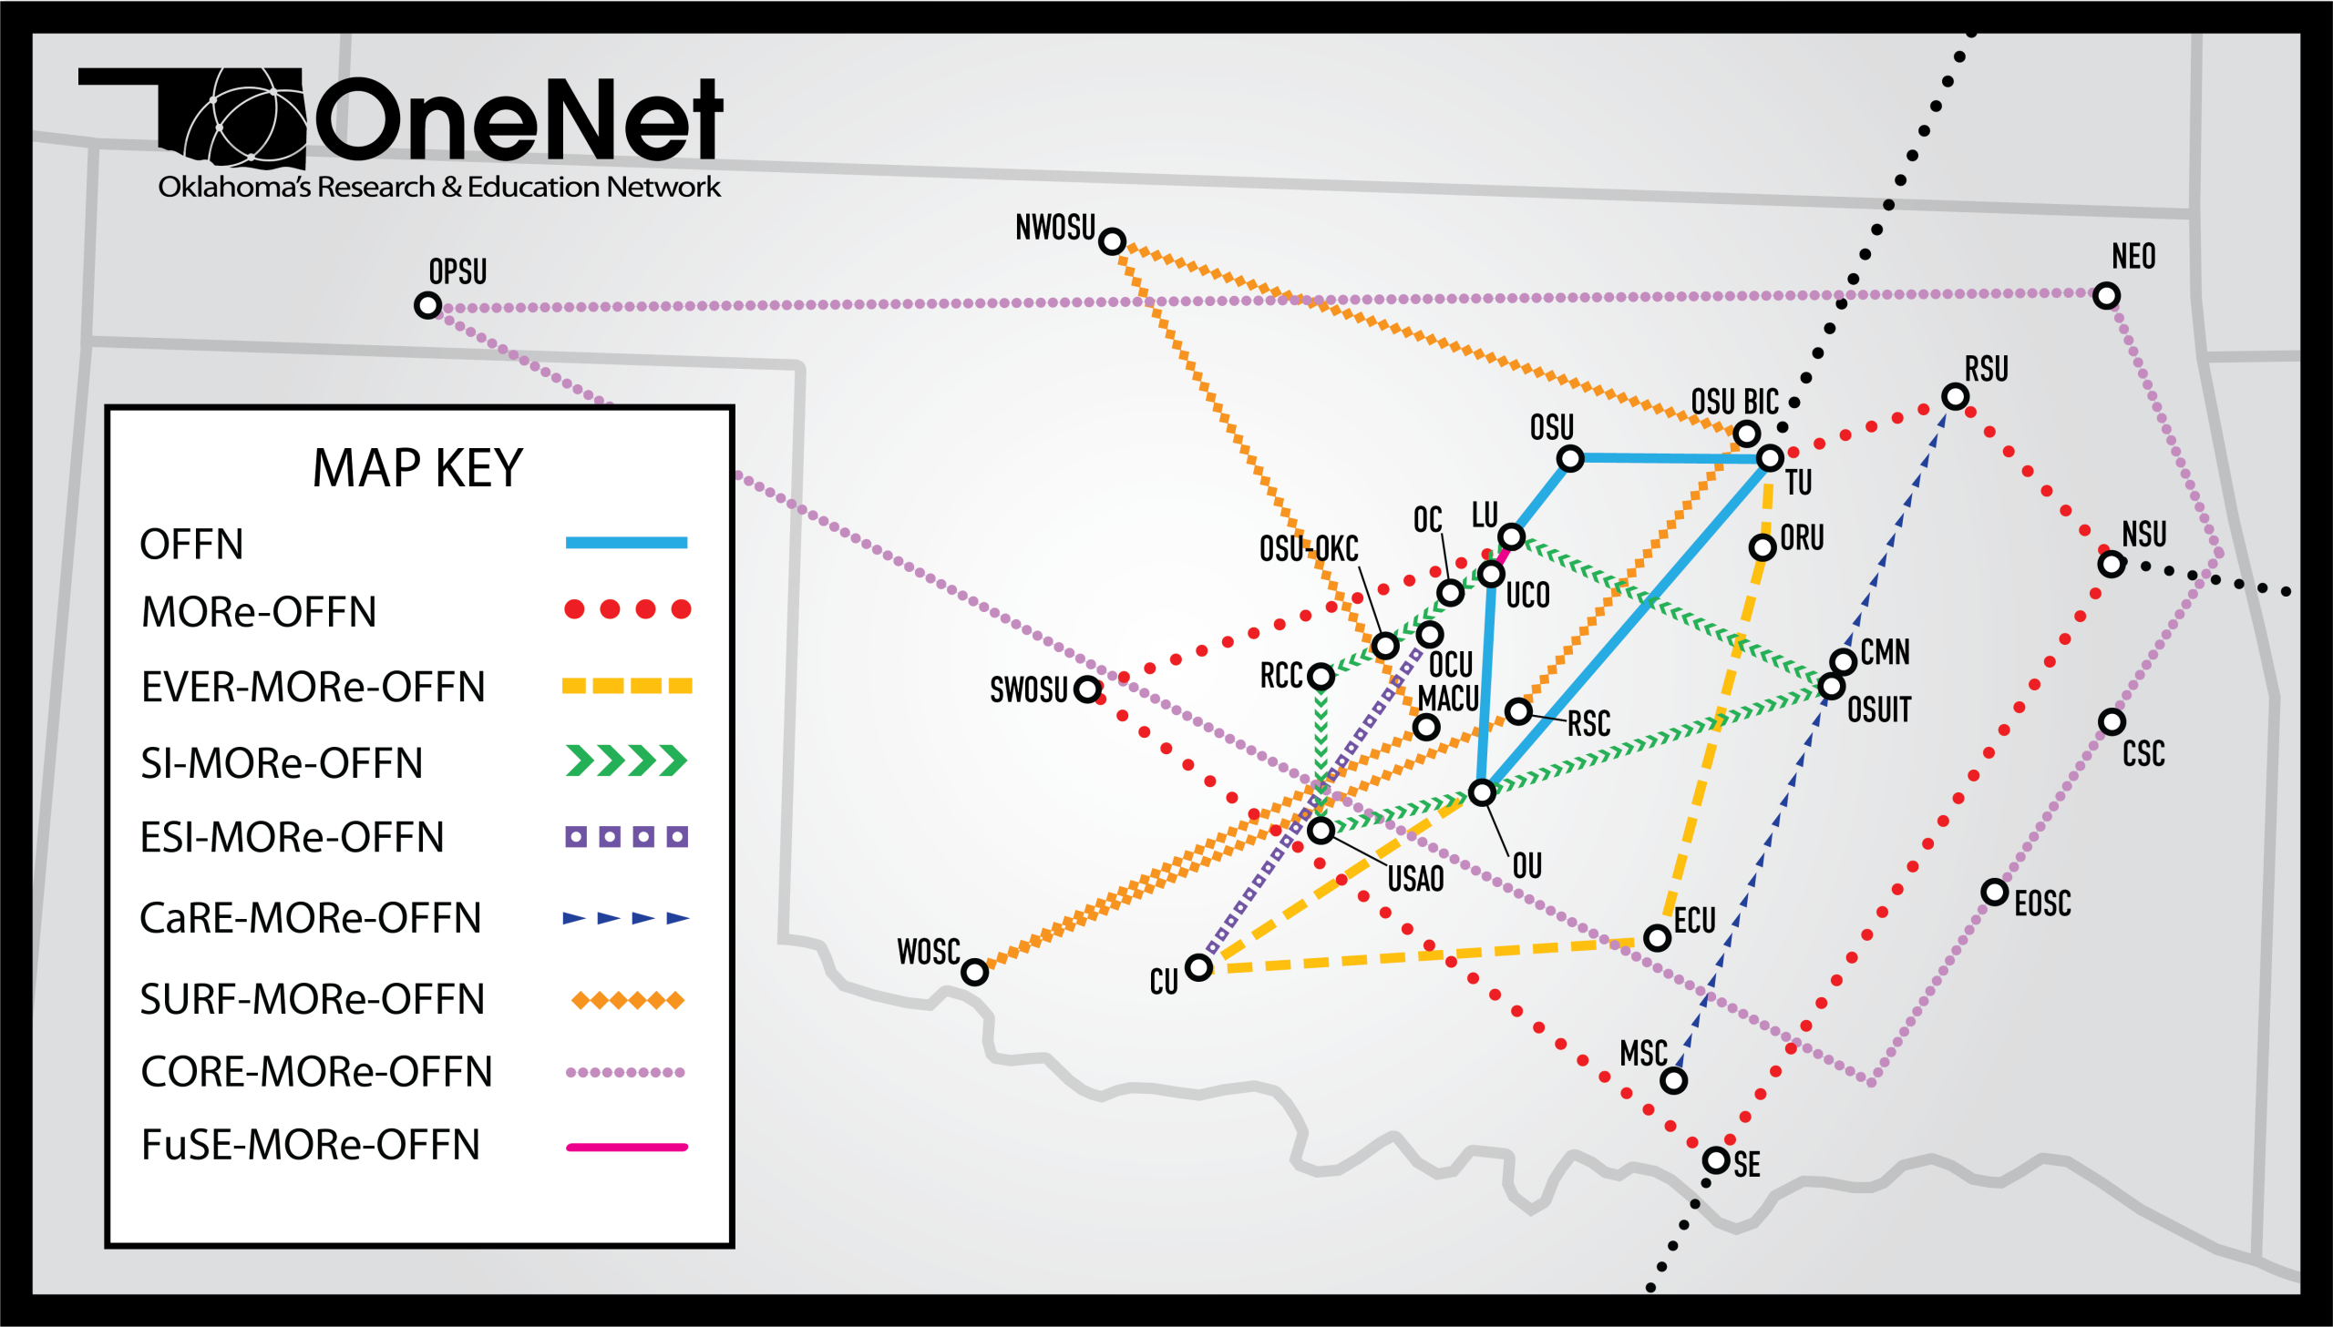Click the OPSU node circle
427,304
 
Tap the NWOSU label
1054,228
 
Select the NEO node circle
2106,295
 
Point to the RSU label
1987,369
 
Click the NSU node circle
2112,564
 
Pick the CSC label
2143,754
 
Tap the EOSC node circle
1995,892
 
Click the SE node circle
1717,1160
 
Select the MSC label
1643,1054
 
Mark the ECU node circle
1658,937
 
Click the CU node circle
1199,967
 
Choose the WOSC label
928,952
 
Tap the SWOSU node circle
1086,689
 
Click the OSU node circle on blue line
1570,458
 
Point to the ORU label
1803,537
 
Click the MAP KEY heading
417,468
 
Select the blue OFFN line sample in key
626,543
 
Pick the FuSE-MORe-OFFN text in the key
310,1145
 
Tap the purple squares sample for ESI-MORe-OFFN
626,837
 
